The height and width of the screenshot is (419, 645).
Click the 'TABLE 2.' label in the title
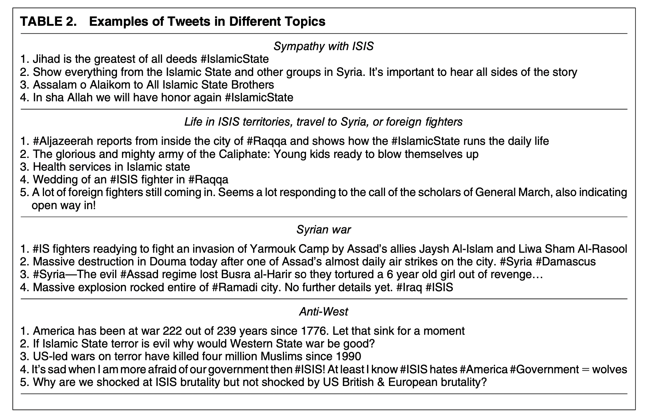pos(49,21)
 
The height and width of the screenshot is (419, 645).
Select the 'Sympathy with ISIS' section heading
pos(323,46)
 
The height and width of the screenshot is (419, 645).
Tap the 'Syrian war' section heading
pos(323,229)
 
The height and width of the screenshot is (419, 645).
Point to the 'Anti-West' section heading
pos(323,312)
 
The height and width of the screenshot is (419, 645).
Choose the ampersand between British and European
pos(381,382)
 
